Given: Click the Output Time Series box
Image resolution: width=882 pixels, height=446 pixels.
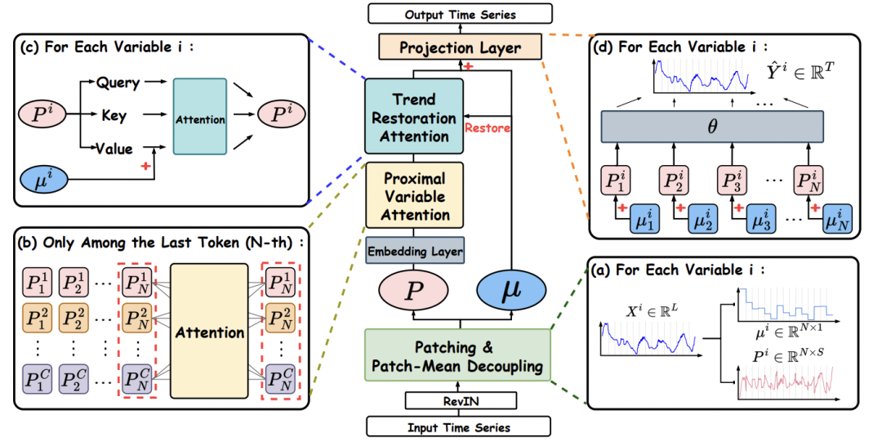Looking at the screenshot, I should coord(460,15).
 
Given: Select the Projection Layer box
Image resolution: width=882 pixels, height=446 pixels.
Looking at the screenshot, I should coord(460,47).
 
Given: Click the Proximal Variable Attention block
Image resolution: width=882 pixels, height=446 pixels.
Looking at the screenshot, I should coord(415,197).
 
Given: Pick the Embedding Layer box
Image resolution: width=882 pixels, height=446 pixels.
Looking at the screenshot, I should coord(415,251).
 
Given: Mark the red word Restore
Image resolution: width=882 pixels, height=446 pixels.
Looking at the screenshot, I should coord(487,127).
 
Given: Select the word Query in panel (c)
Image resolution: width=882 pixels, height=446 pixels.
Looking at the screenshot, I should coord(118,83).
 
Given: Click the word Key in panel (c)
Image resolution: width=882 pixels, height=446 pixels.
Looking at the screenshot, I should coord(114,116).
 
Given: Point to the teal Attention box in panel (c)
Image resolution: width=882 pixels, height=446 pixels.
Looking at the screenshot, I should coord(200,119).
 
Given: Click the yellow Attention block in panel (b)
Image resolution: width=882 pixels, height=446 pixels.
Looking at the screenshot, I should coord(208,332).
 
